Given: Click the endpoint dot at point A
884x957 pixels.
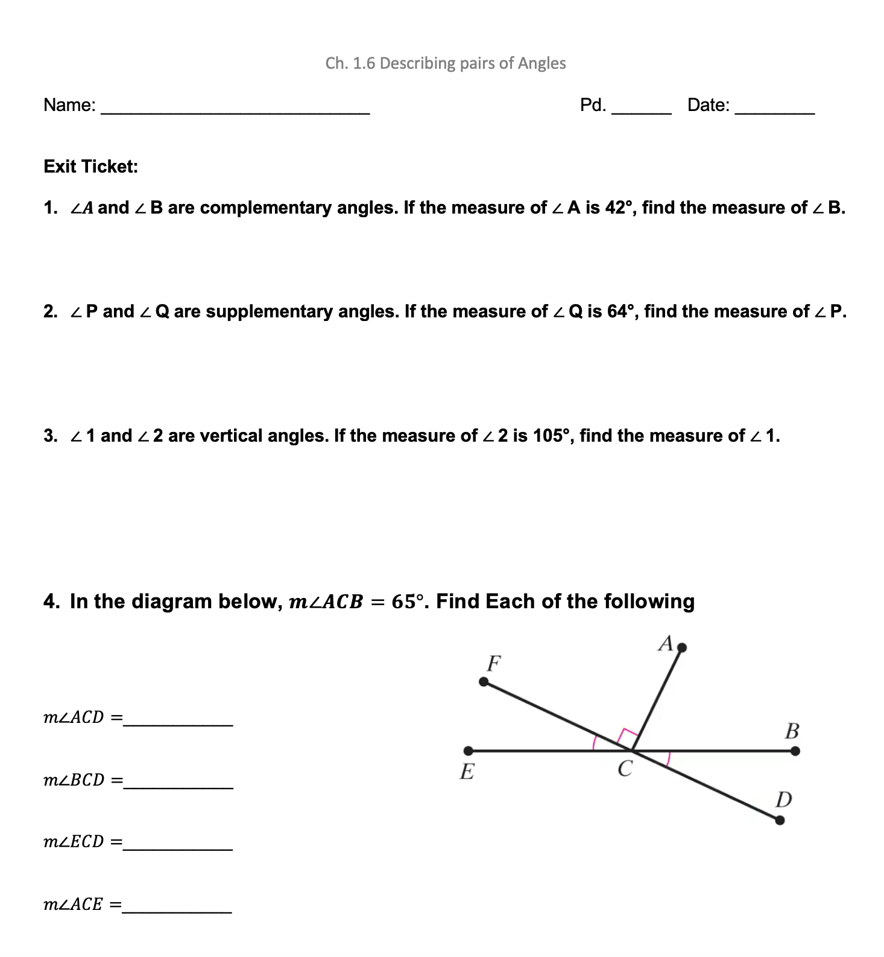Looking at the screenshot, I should click(682, 648).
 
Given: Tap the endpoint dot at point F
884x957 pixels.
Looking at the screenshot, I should click(484, 682).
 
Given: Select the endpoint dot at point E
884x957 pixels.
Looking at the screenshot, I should click(469, 751).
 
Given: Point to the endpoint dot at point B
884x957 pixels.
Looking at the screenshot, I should click(795, 751).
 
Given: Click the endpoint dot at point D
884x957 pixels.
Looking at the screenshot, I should click(780, 820).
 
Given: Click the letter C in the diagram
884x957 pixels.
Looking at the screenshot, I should click(625, 769).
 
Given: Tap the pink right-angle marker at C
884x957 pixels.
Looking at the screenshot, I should click(627, 737).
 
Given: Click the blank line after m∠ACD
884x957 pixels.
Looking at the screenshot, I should click(178, 723).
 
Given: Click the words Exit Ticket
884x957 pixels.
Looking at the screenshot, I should click(90, 167).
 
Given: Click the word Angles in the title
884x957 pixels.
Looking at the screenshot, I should click(541, 63).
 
